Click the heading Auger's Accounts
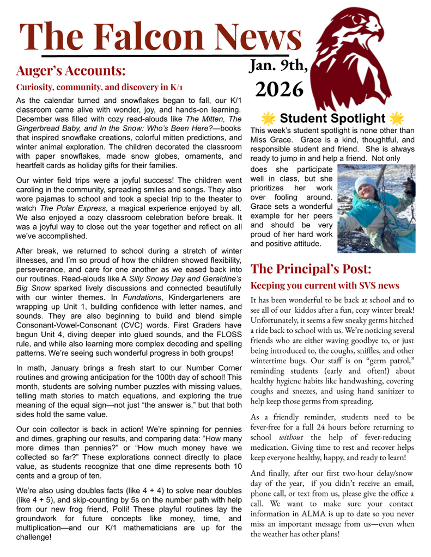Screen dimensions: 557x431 71,71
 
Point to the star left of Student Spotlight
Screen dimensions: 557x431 268,118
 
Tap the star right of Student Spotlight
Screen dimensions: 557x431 396,118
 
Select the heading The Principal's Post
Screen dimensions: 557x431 311,269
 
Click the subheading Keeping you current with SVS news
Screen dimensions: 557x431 325,286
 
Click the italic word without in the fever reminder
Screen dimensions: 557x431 291,437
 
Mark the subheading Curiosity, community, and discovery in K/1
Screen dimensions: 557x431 100,87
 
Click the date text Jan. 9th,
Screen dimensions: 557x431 278,66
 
